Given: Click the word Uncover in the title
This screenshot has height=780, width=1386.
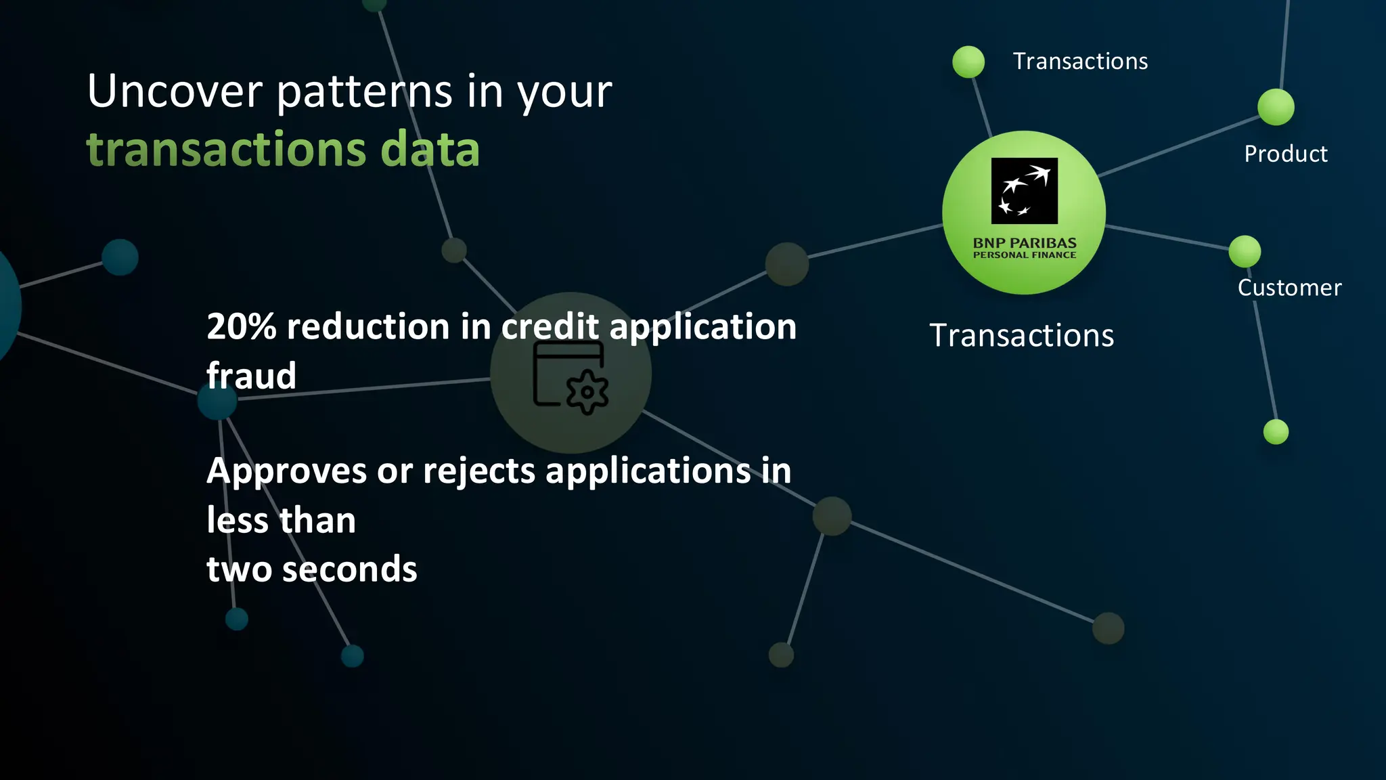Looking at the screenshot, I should pyautogui.click(x=175, y=91).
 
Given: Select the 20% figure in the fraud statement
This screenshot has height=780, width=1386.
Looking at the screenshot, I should pyautogui.click(x=242, y=327).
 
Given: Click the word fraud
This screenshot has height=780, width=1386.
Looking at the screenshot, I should pyautogui.click(x=252, y=376).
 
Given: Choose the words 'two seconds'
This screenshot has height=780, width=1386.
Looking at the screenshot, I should pyautogui.click(x=312, y=569).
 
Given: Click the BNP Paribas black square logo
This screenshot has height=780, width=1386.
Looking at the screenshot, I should pyautogui.click(x=1024, y=191).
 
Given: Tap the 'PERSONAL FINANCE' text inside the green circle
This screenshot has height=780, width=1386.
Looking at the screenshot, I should pyautogui.click(x=1024, y=255).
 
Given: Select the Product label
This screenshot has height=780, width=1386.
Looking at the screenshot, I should pyautogui.click(x=1285, y=154).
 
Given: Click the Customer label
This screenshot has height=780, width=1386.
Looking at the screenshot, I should pyautogui.click(x=1289, y=288).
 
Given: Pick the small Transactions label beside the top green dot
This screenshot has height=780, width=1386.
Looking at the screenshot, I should pyautogui.click(x=1080, y=62).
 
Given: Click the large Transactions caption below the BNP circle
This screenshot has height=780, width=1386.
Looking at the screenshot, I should pyautogui.click(x=1021, y=336).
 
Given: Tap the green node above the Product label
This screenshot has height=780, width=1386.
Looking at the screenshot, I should pyautogui.click(x=1276, y=107).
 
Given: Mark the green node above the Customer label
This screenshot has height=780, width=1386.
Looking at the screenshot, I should pyautogui.click(x=1245, y=252).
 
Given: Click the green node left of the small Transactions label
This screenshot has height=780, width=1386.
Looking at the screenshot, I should pyautogui.click(x=968, y=62).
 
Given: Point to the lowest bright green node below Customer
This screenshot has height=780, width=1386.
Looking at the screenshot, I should pyautogui.click(x=1276, y=432).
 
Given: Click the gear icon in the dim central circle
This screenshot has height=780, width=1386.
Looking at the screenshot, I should pyautogui.click(x=587, y=392).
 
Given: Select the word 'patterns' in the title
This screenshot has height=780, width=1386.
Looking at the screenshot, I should pyautogui.click(x=365, y=91).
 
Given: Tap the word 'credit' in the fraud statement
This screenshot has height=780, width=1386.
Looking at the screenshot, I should pyautogui.click(x=550, y=327).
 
